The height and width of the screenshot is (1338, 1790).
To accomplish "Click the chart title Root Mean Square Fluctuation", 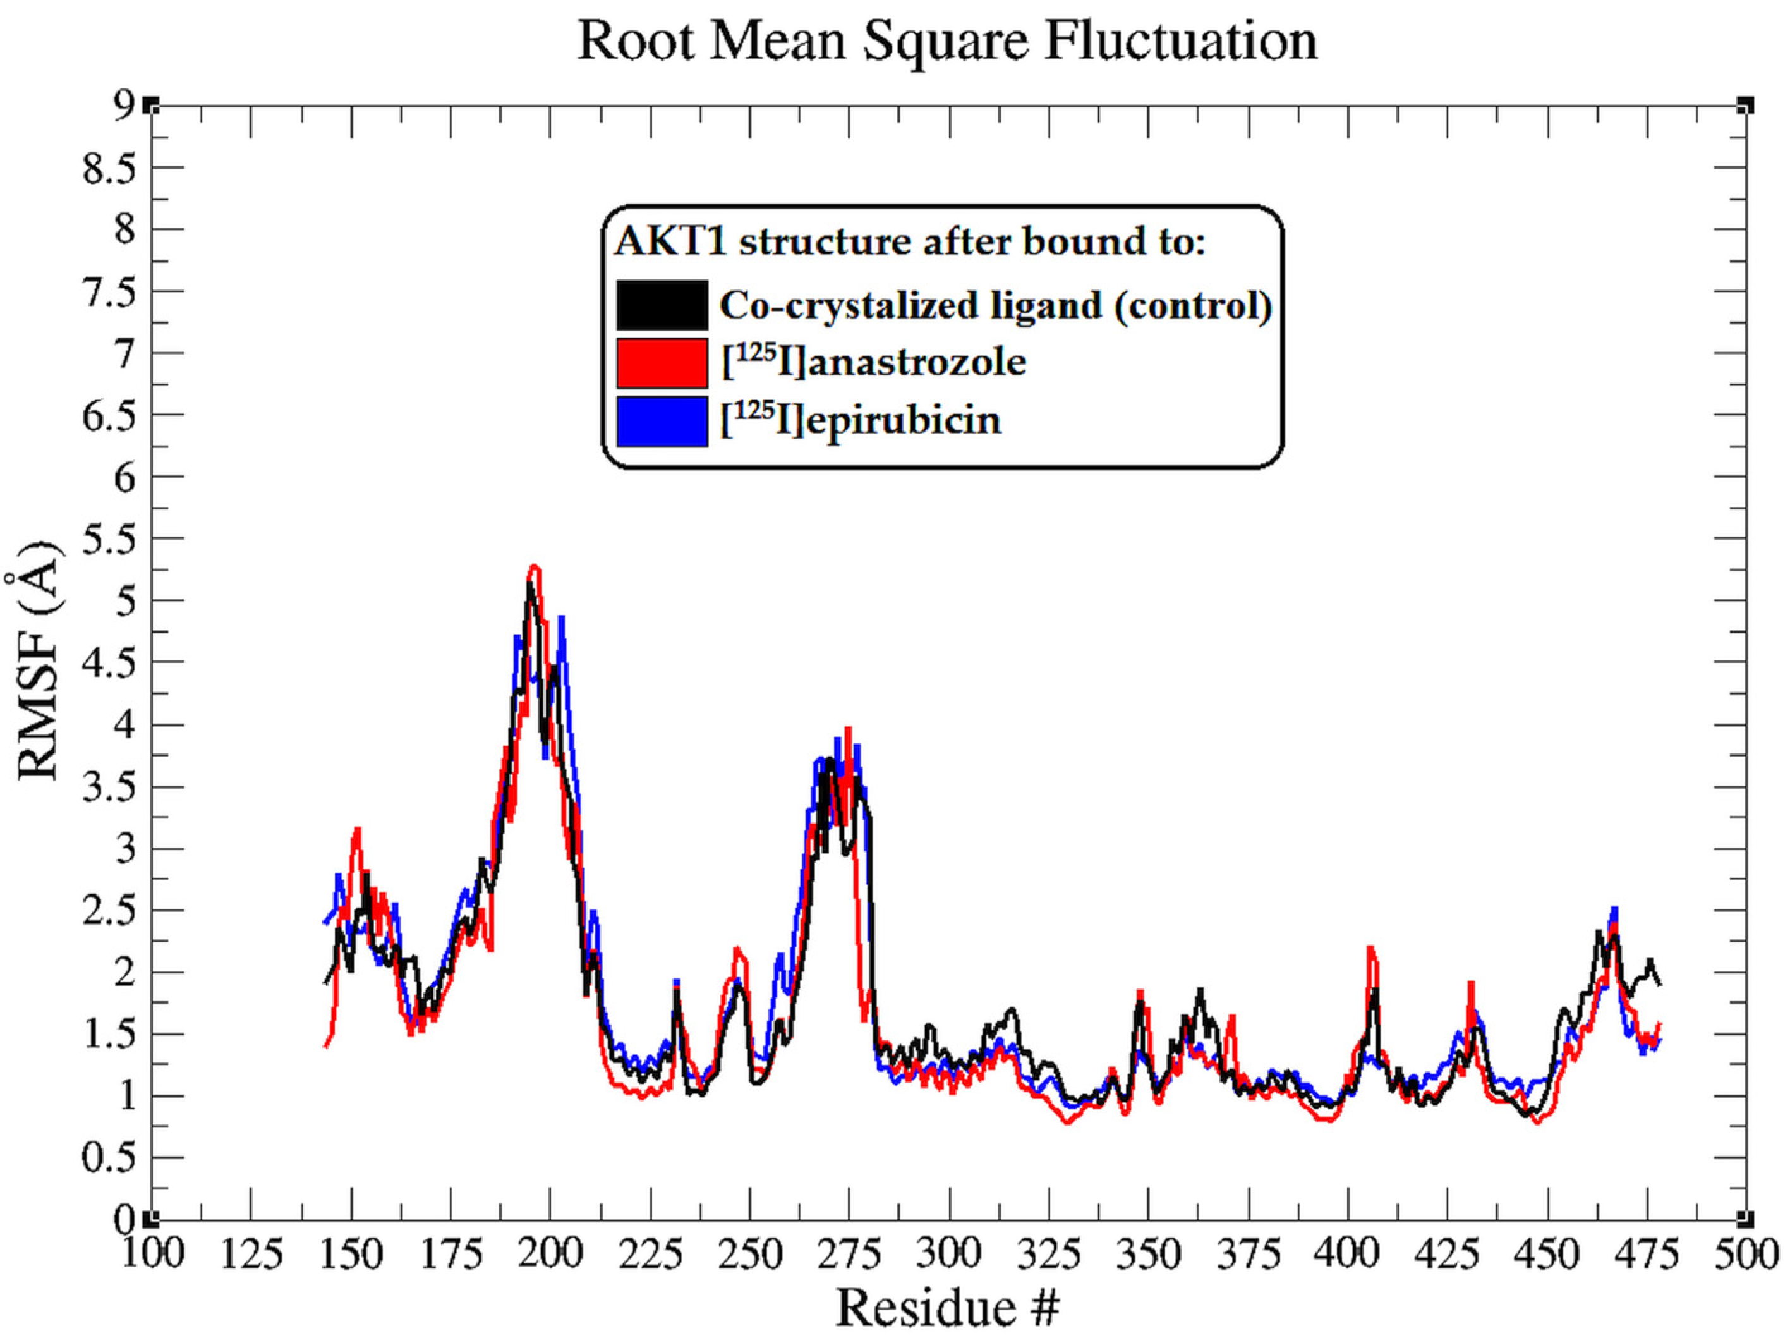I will pos(946,40).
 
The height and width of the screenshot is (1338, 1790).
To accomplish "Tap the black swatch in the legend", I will pos(662,305).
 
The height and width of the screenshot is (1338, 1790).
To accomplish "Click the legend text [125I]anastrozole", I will pos(874,362).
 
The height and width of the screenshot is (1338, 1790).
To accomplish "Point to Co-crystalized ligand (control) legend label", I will pos(995,305).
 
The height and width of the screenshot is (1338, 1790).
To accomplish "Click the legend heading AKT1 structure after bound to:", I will pos(910,242).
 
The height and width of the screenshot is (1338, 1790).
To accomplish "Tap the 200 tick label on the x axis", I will pos(550,1254).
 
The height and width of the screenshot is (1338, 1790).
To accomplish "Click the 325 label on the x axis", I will pos(1049,1254).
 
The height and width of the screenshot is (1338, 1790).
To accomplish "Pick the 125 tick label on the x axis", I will pos(251,1254).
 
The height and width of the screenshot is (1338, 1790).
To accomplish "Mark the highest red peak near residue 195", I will pos(534,566).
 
